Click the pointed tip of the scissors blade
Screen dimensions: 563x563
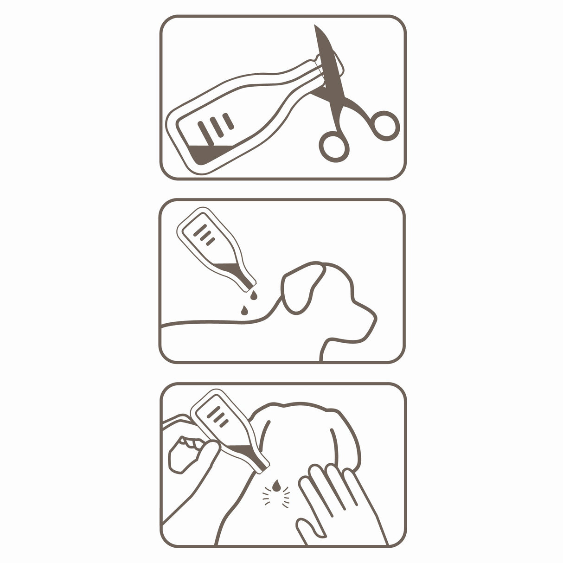(316, 26)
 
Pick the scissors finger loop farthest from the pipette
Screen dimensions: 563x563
(385, 125)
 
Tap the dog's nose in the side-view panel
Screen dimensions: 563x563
(373, 317)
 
